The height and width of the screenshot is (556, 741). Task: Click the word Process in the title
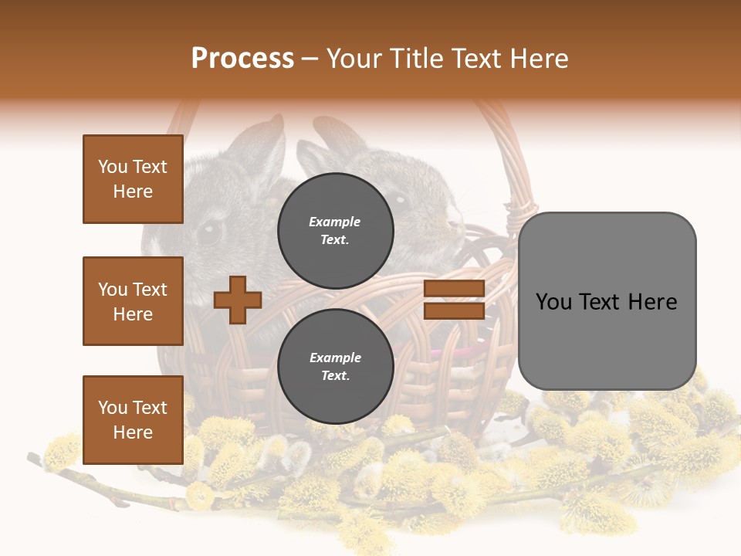point(242,59)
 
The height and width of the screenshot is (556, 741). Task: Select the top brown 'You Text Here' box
point(133,179)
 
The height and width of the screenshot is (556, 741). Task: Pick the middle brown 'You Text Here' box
point(133,301)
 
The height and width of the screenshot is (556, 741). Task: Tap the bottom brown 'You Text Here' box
point(133,419)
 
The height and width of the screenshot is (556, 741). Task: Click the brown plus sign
point(238,300)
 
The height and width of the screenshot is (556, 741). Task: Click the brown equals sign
point(454,300)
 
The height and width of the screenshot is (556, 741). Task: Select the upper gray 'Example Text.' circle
point(335,231)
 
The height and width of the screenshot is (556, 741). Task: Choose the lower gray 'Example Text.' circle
point(335,367)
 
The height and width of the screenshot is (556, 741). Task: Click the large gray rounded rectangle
point(607,300)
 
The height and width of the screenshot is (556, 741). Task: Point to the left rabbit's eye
point(209,232)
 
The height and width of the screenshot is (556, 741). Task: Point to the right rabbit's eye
point(400,200)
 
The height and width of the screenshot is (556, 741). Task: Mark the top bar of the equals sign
point(454,288)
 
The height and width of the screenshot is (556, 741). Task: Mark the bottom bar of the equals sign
point(454,310)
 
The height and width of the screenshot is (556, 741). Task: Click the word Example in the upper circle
point(335,222)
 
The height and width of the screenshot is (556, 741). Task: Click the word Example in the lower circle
point(335,358)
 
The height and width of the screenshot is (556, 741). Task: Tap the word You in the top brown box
point(113,167)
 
